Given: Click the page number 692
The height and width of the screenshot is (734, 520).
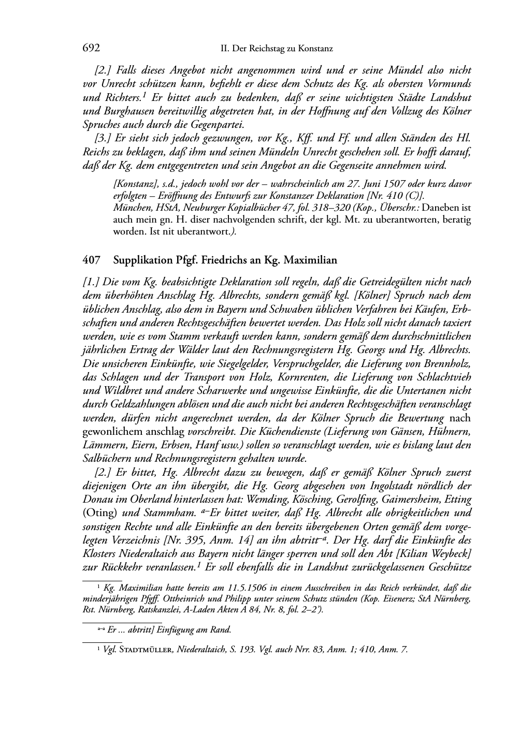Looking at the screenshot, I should pos(91,48).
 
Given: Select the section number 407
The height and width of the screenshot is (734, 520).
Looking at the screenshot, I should pos(91,260).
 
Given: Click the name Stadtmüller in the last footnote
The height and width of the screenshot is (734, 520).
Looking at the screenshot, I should pos(145,650).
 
